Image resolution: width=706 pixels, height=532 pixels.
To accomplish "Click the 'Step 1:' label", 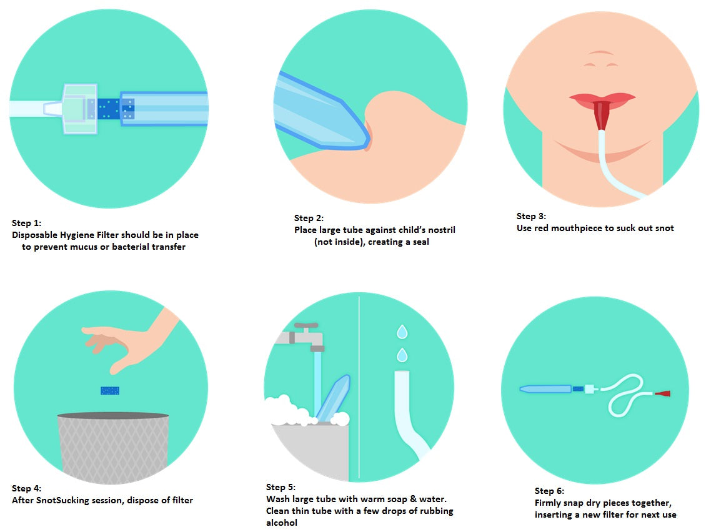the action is [27, 223].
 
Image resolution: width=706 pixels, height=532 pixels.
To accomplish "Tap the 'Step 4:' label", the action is [27, 488].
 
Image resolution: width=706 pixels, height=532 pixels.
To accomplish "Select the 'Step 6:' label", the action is [549, 491].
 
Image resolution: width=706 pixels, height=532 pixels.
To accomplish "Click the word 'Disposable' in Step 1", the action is [34, 235].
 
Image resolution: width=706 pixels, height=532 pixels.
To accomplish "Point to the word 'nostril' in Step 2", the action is [441, 230].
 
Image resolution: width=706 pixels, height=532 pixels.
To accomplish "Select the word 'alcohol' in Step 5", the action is [281, 523].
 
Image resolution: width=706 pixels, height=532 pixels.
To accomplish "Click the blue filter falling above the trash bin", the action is [110, 390].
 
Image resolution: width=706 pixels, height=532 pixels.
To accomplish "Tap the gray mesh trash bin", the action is [112, 447].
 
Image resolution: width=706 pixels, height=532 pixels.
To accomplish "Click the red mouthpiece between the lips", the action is [601, 116].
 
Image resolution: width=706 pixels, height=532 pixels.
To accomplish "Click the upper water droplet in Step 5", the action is [402, 332].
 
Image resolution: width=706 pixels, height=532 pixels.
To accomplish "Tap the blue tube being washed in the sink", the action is [332, 399].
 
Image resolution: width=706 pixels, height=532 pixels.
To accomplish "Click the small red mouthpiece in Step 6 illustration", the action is [662, 393].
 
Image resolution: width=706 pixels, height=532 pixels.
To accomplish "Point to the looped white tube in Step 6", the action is [626, 394].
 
